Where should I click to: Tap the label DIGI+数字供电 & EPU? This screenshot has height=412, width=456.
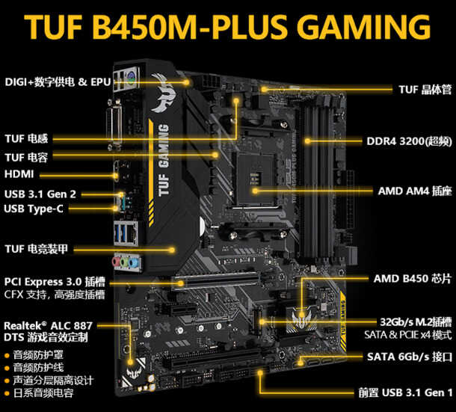coord(58,82)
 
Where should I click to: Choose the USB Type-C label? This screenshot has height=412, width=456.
coord(33,209)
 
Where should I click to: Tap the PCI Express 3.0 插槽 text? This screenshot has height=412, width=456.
coord(54,281)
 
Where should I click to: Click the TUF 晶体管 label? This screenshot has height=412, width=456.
coord(425,89)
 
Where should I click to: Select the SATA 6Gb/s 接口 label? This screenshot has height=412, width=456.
coord(410,356)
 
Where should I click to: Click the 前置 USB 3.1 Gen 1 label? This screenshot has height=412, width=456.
coord(405,392)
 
